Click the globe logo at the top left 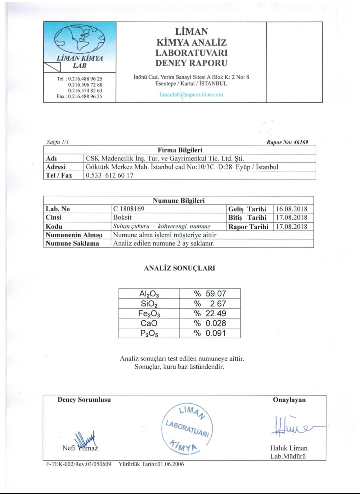80,39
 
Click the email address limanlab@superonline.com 191,94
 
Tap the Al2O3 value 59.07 216,294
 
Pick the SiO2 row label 149,304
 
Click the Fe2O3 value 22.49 216,313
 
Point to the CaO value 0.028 216,323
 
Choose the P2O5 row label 149,333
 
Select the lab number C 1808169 129,209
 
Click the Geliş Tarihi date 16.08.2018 292,209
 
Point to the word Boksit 122,217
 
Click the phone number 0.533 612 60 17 110,175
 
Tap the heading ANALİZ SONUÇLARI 179,268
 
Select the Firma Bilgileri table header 180,150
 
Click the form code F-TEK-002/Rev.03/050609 79,464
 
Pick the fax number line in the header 79,96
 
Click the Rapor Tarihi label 248,227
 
